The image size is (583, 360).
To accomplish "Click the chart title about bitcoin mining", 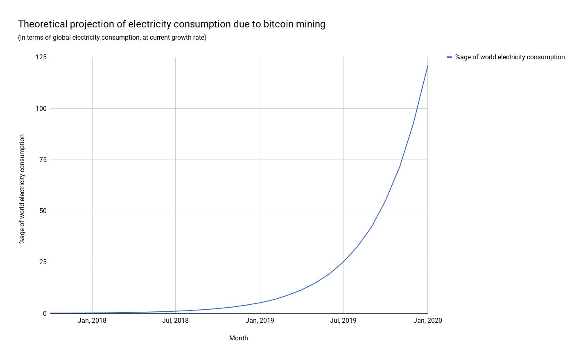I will click(172, 25).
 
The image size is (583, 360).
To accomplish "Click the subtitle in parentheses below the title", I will click(112, 38).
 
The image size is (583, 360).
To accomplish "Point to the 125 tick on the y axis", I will click(41, 57).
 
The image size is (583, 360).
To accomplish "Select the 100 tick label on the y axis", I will click(41, 108).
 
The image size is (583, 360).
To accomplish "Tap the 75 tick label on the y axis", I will click(43, 160).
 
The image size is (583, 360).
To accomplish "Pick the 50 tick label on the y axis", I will click(43, 211).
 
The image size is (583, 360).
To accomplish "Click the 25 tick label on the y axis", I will click(43, 262).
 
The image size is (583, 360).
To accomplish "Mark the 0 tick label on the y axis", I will click(45, 313).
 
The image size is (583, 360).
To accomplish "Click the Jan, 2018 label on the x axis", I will click(92, 320).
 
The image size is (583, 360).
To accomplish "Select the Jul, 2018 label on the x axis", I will click(175, 320).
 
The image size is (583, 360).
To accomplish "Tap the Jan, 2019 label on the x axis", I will click(260, 320).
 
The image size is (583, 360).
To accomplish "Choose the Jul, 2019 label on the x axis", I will click(343, 320).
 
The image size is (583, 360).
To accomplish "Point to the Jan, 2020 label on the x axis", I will click(427, 320).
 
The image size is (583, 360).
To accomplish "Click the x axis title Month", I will click(238, 338).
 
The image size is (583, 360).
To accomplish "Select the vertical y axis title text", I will click(22, 189).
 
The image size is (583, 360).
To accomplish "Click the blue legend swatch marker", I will click(450, 57).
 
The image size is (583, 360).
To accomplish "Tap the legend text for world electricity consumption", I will click(510, 57).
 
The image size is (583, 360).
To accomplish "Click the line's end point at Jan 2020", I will click(427, 66).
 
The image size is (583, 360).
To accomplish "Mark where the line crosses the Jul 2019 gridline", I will click(343, 262).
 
